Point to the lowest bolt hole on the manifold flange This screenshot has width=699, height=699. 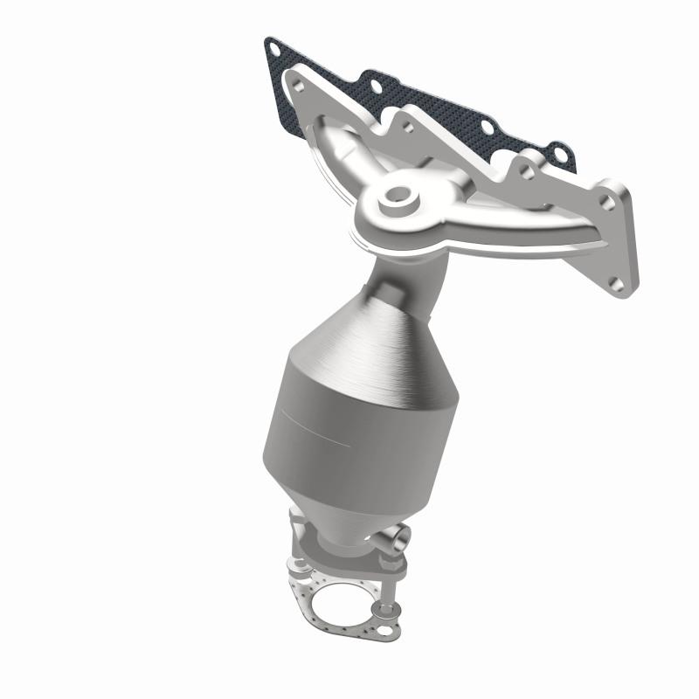[617, 282]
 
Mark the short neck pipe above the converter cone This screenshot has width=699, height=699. [391, 279]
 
